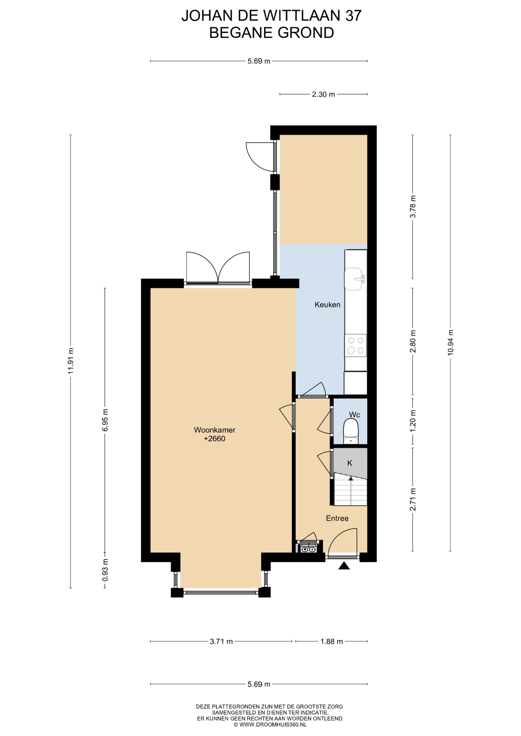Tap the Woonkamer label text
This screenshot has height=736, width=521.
(x=215, y=430)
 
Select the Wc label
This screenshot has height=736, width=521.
(x=354, y=415)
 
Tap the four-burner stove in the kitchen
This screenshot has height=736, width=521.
(x=356, y=345)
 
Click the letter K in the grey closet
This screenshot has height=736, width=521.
(x=350, y=463)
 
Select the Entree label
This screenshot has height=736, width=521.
(x=337, y=518)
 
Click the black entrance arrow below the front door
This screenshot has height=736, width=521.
(x=344, y=566)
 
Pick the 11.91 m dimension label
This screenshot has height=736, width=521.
(x=71, y=361)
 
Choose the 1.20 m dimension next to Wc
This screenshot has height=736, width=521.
(x=413, y=421)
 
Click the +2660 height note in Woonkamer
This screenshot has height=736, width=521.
(x=215, y=439)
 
